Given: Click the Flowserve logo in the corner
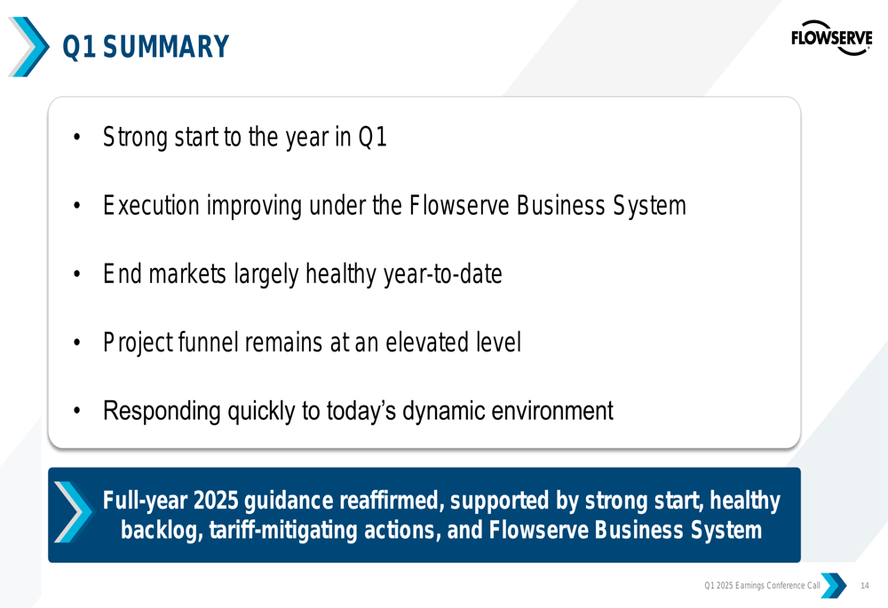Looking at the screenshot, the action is (x=831, y=38).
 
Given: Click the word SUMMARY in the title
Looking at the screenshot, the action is (x=166, y=46).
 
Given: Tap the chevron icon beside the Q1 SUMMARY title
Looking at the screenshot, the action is (x=28, y=46).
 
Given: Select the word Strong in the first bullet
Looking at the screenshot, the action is (x=135, y=138).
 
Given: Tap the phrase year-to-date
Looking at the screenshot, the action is (x=443, y=274).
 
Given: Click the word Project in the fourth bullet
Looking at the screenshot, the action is (x=137, y=343).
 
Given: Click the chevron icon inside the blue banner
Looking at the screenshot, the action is (x=73, y=512).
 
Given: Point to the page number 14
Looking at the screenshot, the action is (x=865, y=585).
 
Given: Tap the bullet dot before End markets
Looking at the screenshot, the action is (x=77, y=274).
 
